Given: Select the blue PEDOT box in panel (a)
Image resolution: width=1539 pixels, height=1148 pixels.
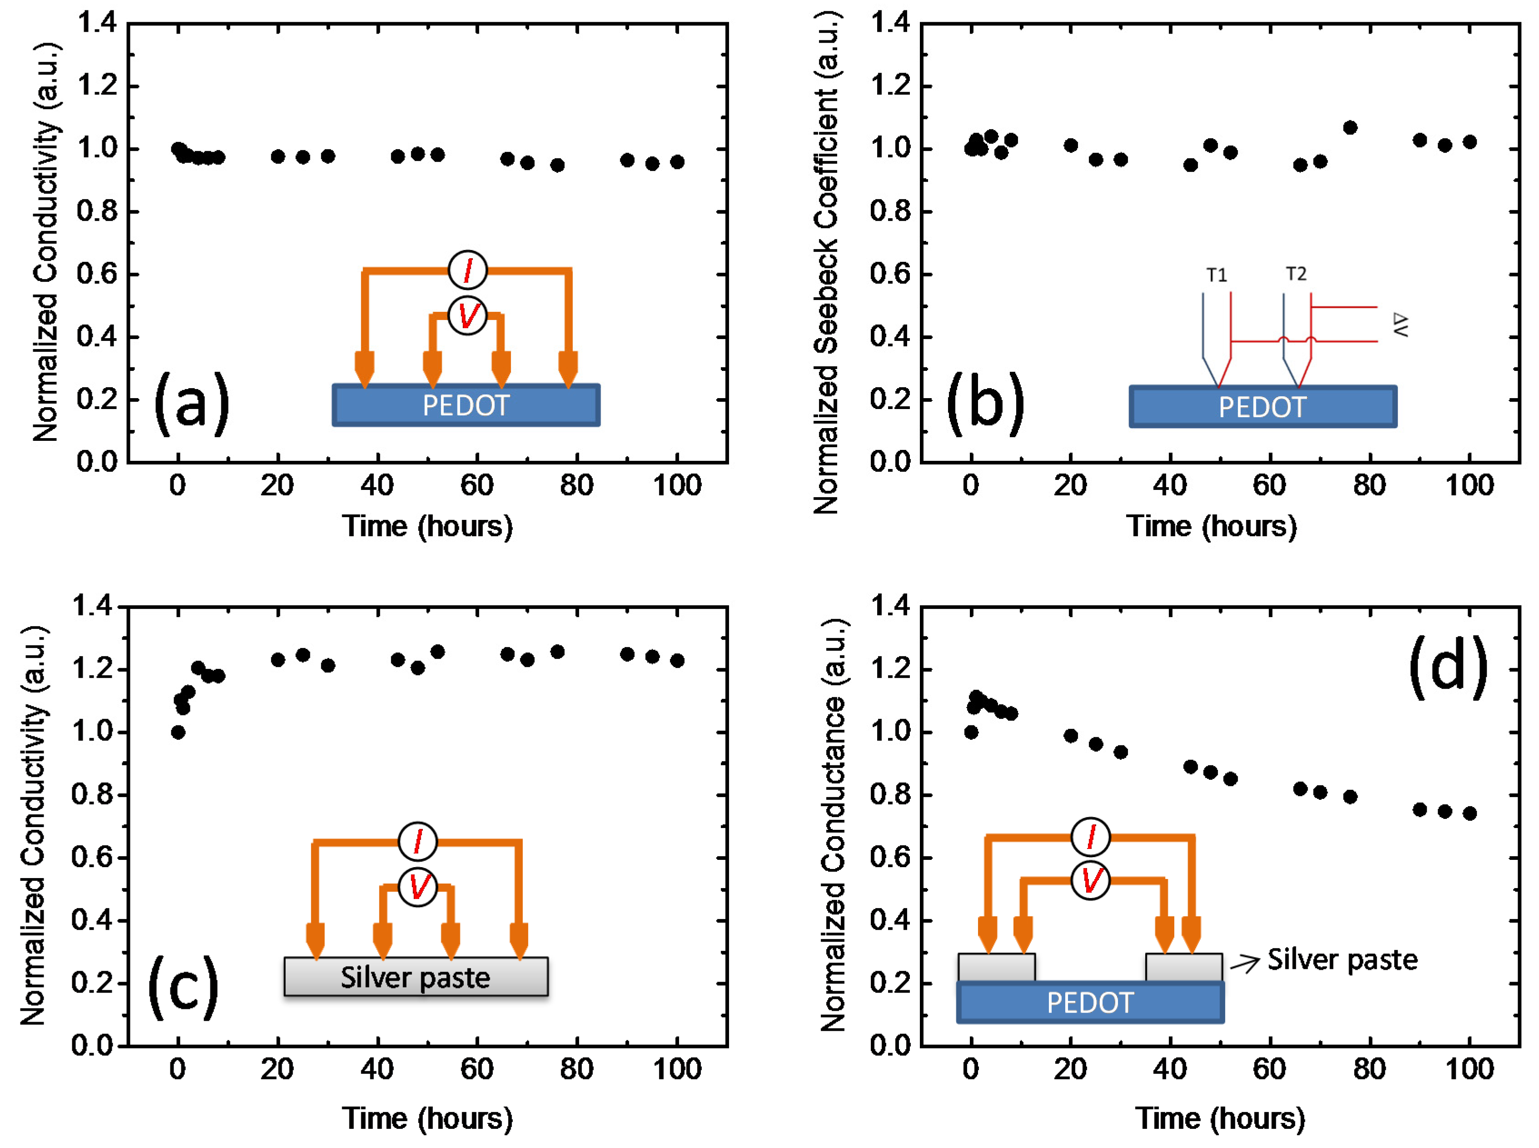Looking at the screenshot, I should click(x=466, y=405).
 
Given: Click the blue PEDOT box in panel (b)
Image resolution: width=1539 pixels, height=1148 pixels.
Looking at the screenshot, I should click(x=1263, y=406).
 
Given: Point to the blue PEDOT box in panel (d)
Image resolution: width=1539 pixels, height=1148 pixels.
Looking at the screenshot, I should click(x=1090, y=1002).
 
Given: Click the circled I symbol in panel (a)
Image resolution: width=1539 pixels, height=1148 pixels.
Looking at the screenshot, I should click(x=467, y=270).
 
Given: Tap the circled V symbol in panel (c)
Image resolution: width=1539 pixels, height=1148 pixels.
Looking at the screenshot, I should click(x=417, y=887).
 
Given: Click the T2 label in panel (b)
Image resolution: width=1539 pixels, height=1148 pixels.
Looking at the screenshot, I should click(x=1296, y=274).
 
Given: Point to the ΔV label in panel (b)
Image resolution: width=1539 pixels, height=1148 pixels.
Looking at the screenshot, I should click(x=1400, y=324).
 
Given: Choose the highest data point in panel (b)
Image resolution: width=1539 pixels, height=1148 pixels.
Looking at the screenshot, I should click(x=1350, y=128).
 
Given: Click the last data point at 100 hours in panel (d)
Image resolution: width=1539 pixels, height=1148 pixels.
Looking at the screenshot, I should click(x=1469, y=813).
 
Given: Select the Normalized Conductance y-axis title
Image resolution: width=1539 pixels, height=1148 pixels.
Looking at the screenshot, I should click(x=834, y=824).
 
